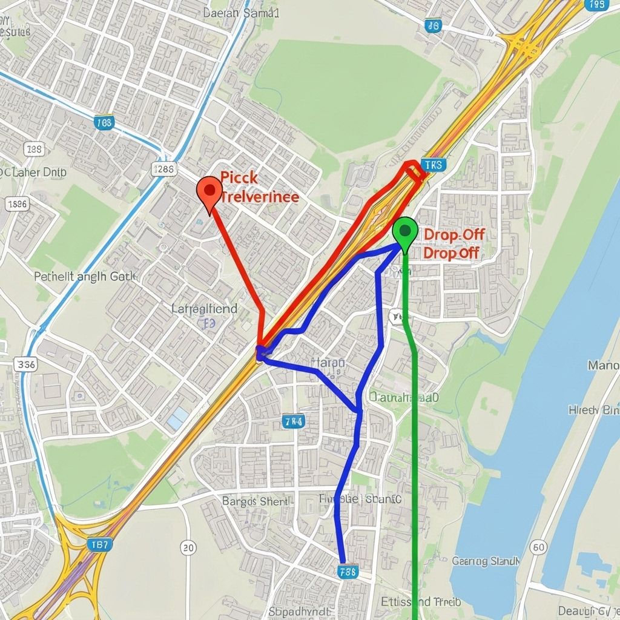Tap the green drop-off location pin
point(404,232)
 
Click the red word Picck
point(239,178)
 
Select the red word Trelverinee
point(260,197)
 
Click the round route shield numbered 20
point(188,548)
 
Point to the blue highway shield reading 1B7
point(98,544)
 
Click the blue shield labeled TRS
point(432,165)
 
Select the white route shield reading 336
point(25,364)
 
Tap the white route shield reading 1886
point(16,204)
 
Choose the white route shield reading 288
point(35,149)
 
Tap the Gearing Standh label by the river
point(486,561)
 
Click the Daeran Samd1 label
point(240,12)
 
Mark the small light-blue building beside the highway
point(177,418)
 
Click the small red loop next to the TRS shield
point(414,170)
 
